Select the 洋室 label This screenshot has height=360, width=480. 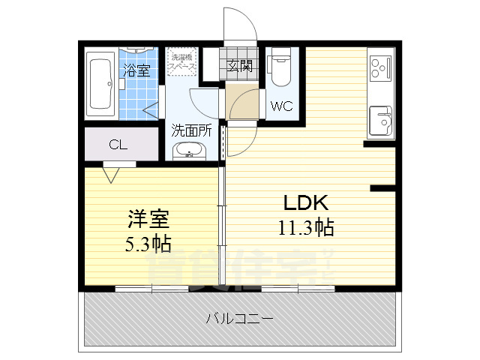tap(148, 219)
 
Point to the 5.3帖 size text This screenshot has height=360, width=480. tap(148, 242)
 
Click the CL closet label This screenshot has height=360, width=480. tap(117, 145)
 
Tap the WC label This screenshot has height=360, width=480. tap(281, 106)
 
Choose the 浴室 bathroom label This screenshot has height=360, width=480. tap(136, 70)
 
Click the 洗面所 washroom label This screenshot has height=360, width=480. tap(191, 129)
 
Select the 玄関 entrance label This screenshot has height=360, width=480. tap(240, 64)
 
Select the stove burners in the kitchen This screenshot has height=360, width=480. tap(381, 67)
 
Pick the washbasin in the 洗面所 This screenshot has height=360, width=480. tap(190, 150)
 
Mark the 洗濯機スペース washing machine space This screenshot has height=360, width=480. tap(181, 62)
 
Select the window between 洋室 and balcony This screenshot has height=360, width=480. tap(152, 288)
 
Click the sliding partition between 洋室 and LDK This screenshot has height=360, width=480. tap(222, 225)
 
